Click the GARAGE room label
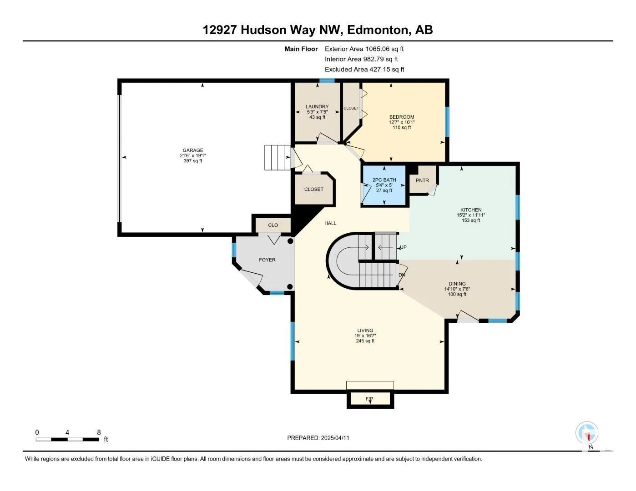point(192,150)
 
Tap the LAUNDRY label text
point(317,107)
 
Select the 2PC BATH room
point(384,185)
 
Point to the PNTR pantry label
point(422,180)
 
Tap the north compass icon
point(587,433)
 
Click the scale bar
point(67,440)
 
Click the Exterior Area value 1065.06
point(377,49)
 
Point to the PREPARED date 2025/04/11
point(335,438)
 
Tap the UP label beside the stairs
point(403,247)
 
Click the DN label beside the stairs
point(402,275)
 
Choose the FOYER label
point(267,260)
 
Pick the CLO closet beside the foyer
point(273,225)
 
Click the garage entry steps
point(278,158)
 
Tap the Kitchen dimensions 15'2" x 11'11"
point(471,215)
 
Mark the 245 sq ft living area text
point(365,341)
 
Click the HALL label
point(330,223)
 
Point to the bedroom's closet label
point(351,108)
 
